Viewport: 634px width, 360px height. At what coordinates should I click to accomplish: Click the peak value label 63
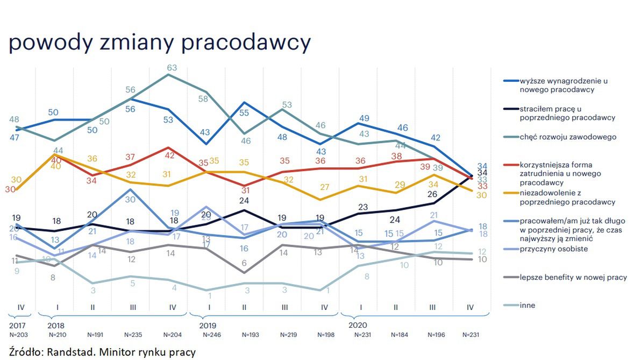(172, 68)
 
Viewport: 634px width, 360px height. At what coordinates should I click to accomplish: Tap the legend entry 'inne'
(528, 306)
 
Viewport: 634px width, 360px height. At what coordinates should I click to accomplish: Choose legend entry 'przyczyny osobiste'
(553, 249)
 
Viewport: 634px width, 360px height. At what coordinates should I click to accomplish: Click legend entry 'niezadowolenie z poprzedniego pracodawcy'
(567, 197)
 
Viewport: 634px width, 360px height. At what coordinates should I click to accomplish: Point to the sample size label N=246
(211, 335)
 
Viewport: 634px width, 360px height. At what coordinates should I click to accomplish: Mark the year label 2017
(17, 326)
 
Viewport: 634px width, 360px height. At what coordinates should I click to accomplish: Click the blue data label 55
(244, 113)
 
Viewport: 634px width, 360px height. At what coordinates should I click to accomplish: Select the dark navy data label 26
(432, 194)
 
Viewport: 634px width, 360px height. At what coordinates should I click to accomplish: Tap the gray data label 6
(244, 263)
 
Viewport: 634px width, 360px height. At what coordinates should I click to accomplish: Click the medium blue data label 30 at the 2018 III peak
(131, 199)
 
